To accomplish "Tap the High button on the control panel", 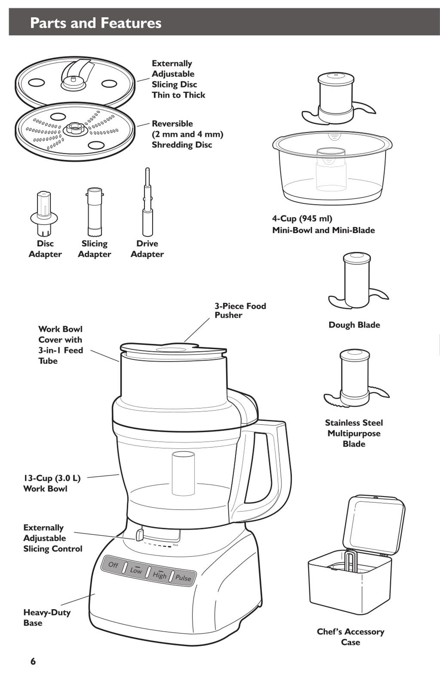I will point(159,575).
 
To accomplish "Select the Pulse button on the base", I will point(183,578).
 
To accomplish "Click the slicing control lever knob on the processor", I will point(140,535).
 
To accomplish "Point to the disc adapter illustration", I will point(44,214).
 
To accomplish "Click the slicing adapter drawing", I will point(95,212).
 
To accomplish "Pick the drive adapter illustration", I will point(147,203).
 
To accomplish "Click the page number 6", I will point(33,661).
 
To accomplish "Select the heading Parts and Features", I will point(96,23).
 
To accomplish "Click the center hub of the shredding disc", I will point(75,128).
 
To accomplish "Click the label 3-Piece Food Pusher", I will point(240,311).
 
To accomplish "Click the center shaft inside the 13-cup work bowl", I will point(183,473).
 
